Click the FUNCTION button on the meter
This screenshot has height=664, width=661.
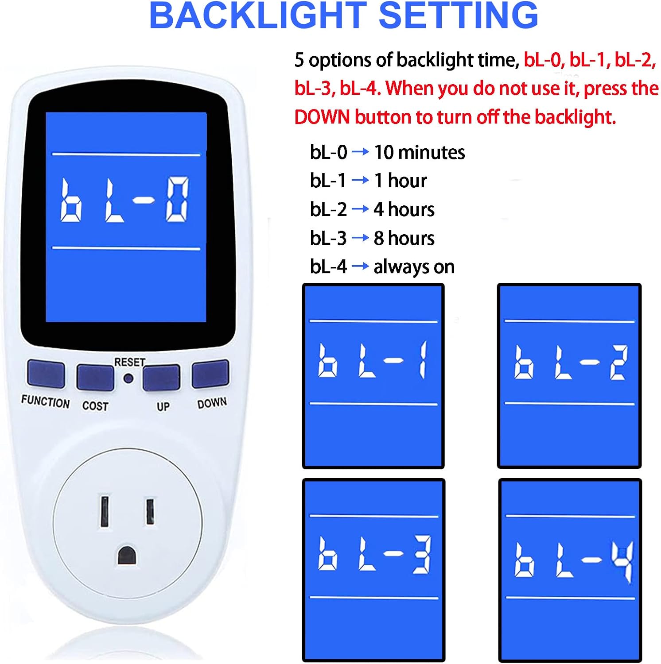(x=46, y=374)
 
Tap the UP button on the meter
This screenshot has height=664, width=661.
(x=161, y=378)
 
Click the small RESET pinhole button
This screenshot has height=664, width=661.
(x=128, y=379)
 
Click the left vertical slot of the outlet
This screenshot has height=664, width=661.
(x=105, y=511)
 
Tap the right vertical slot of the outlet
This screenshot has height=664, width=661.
(x=151, y=512)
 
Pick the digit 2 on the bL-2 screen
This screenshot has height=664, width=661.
(x=619, y=363)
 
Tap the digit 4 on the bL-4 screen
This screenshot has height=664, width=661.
(x=623, y=562)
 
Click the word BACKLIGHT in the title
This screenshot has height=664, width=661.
(x=258, y=15)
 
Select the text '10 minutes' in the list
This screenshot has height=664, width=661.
(x=420, y=152)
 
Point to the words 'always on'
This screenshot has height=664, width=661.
(x=414, y=267)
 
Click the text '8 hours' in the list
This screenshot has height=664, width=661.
(x=404, y=238)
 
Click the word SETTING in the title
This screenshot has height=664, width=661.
(x=459, y=15)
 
